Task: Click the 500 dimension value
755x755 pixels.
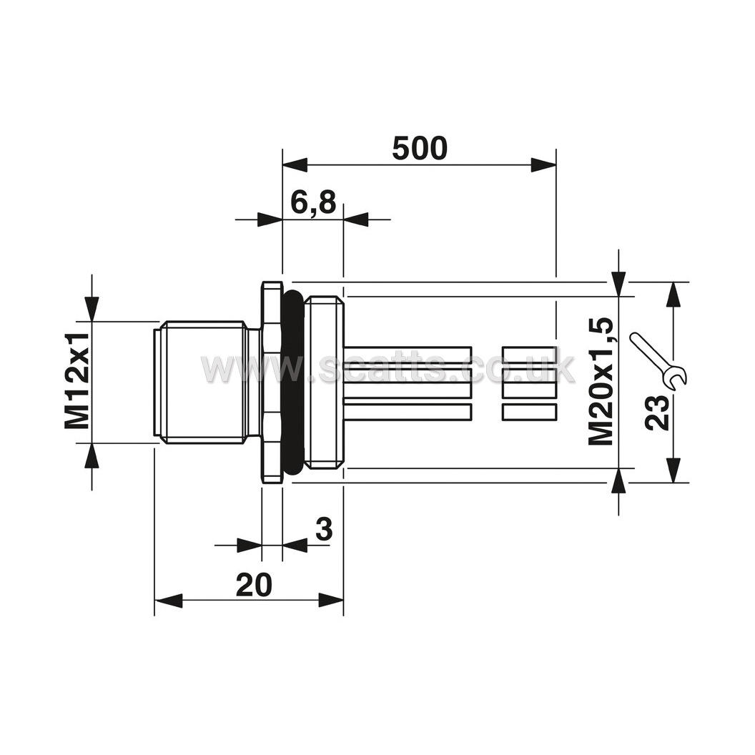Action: pyautogui.click(x=420, y=148)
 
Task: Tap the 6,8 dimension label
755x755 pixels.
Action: pyautogui.click(x=313, y=202)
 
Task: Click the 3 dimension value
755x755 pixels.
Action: pyautogui.click(x=324, y=528)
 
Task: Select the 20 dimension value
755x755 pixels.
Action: pyautogui.click(x=254, y=585)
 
